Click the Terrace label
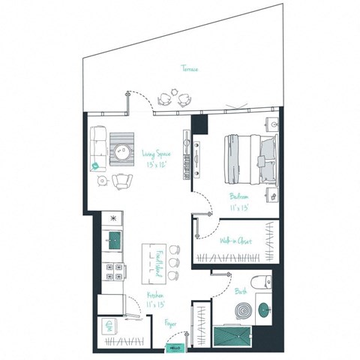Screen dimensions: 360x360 [x=189, y=69]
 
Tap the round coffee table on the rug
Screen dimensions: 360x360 [x=121, y=149]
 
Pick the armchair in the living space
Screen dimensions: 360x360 [x=122, y=181]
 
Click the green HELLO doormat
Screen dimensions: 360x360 [x=176, y=348]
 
